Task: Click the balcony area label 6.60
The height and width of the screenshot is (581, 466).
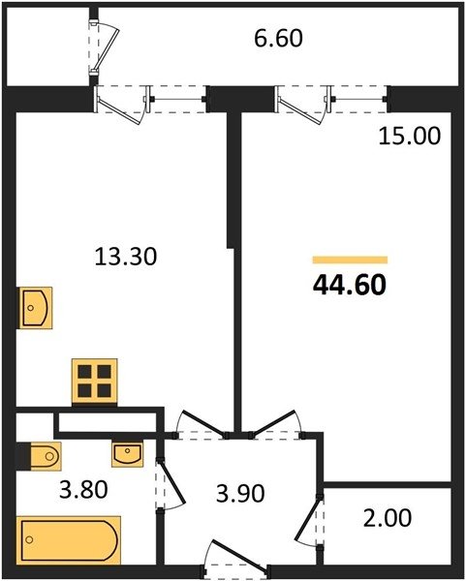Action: point(278,38)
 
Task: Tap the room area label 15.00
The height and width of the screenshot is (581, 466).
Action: point(410,136)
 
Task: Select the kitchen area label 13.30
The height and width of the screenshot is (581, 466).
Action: point(126,257)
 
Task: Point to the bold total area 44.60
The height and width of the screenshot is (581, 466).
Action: point(350,286)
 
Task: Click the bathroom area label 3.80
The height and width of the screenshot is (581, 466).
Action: point(83,489)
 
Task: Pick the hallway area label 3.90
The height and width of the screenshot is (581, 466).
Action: point(240,494)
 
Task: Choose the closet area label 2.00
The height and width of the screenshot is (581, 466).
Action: point(388,518)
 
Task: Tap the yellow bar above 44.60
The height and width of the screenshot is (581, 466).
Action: point(350,260)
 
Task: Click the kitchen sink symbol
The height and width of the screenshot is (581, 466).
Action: point(36,308)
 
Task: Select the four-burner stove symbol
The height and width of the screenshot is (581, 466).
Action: point(95,382)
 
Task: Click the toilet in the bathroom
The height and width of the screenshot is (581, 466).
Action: point(38,456)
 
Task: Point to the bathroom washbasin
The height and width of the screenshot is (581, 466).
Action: point(128,454)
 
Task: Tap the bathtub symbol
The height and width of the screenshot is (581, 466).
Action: point(69,540)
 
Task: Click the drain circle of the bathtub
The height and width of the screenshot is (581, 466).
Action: point(29,540)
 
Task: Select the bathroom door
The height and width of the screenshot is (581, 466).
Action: point(170,484)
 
